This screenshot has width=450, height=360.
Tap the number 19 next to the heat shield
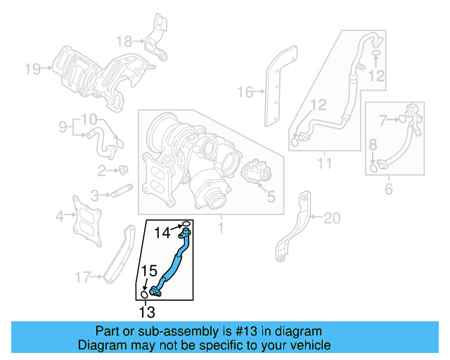tap(32, 68)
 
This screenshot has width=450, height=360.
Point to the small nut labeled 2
tap(123, 169)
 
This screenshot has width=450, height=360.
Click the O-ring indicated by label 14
tap(186, 226)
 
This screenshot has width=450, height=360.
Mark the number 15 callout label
tap(149, 270)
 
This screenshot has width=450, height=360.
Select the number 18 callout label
tap(124, 40)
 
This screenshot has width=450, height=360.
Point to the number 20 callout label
tap(331, 219)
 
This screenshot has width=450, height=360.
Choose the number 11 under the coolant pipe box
tap(324, 165)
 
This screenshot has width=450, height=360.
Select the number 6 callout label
tap(388, 188)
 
